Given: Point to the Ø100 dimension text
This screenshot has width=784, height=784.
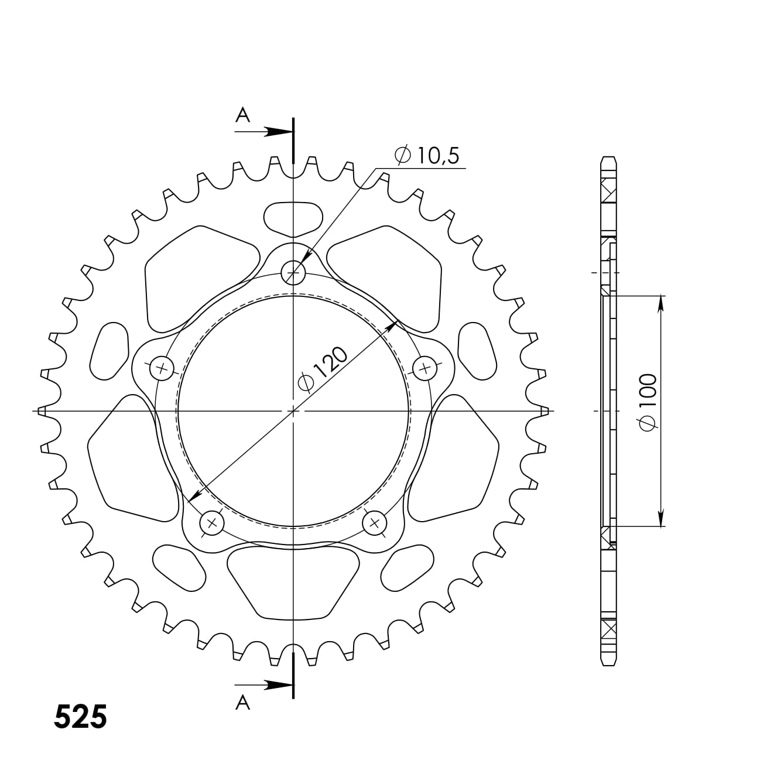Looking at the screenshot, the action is coord(648,403).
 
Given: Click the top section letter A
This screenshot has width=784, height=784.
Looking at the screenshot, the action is coord(242,115).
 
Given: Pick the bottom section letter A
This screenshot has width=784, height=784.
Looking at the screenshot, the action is coord(242,702).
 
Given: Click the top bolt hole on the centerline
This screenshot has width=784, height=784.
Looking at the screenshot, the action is coord(293,272).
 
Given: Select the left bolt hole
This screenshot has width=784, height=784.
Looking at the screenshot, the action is coord(162,369).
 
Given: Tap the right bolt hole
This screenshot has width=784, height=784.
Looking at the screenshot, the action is coord(424,369).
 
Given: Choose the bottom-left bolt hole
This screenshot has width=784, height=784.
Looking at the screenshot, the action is coord(212,523).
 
